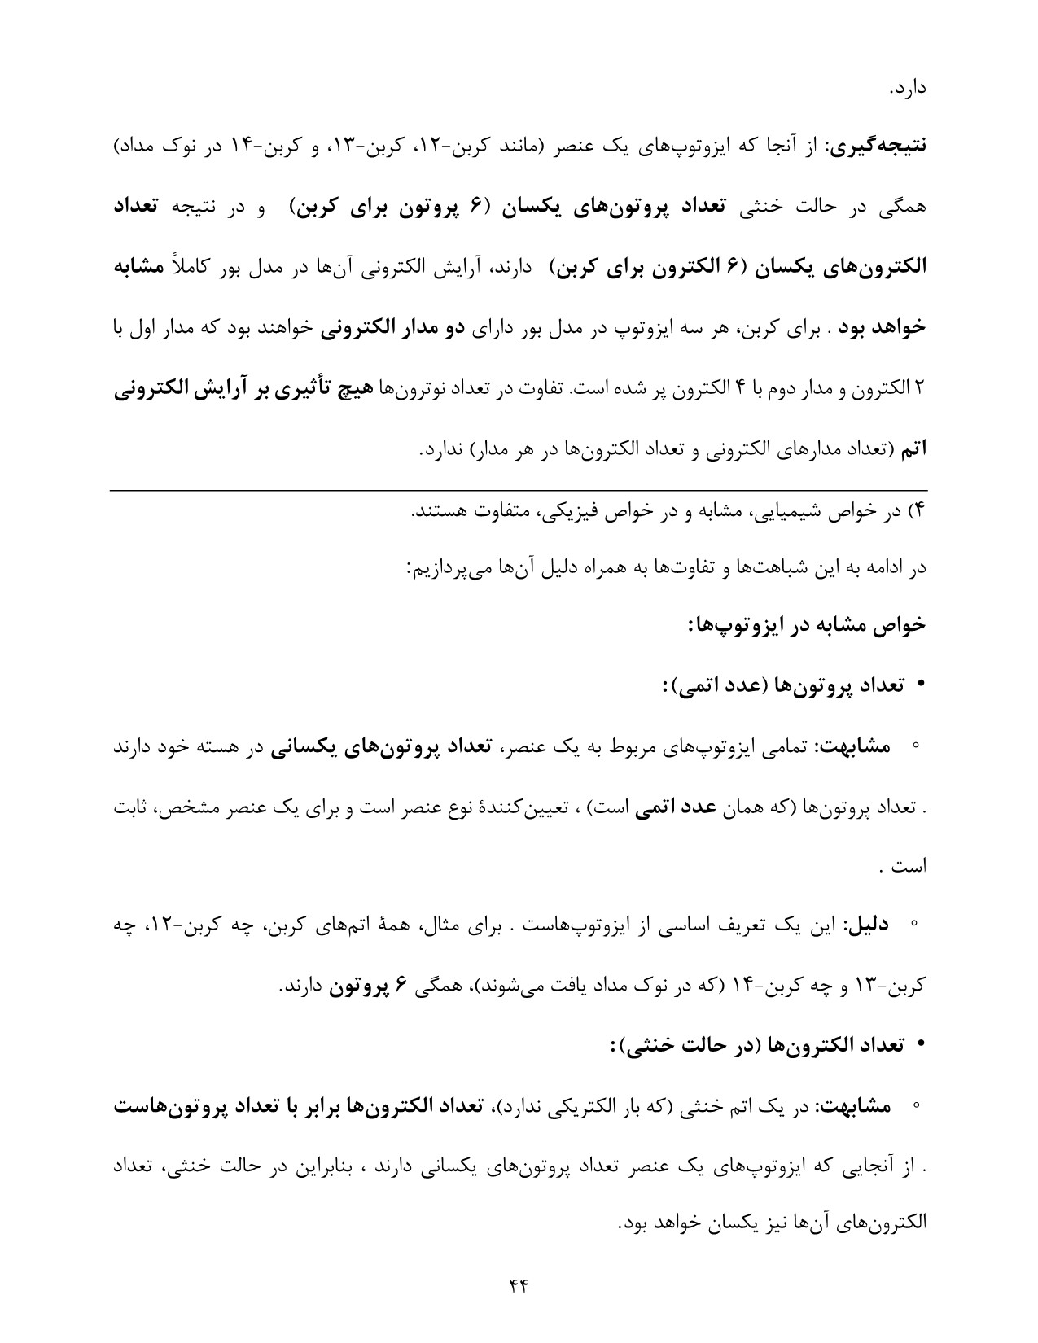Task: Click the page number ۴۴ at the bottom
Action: [x=519, y=1285]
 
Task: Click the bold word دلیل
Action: [x=869, y=925]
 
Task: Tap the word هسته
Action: [x=214, y=746]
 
